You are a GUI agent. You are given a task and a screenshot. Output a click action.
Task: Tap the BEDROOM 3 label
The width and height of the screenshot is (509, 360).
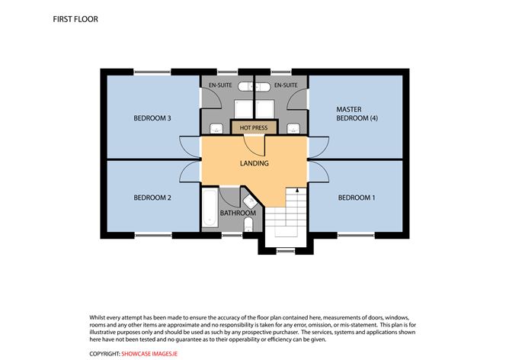(x=152, y=118)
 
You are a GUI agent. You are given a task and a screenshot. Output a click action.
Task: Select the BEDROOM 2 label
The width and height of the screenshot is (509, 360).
(x=152, y=198)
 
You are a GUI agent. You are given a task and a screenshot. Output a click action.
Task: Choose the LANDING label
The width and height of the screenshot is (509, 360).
(x=253, y=162)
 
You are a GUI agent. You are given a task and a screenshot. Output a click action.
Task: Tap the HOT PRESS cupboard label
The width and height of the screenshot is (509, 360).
(x=253, y=127)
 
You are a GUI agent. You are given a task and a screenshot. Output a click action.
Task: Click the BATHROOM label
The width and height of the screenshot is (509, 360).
(x=237, y=213)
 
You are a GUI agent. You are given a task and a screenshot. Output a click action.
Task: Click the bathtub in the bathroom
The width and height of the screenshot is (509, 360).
(x=210, y=210)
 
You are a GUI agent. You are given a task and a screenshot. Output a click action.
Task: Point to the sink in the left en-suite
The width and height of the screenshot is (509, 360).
(x=216, y=127)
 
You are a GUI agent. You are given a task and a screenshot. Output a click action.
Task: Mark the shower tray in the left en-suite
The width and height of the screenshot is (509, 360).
(x=242, y=106)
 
